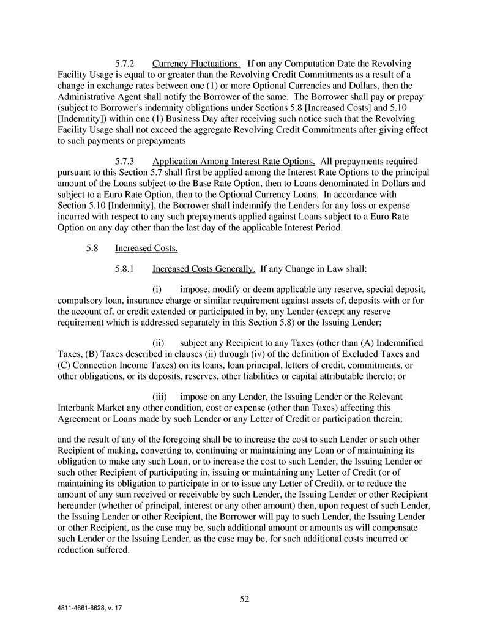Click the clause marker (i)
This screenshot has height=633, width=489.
[x=157, y=288]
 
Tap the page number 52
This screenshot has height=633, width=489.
[x=244, y=599]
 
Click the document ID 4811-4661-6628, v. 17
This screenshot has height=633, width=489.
[x=91, y=610]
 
